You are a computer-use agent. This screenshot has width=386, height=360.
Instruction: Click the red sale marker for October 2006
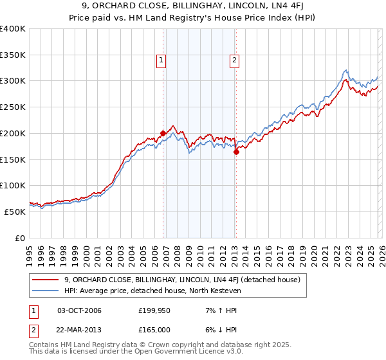(x=163, y=134)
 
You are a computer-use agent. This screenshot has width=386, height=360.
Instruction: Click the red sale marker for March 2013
(x=236, y=152)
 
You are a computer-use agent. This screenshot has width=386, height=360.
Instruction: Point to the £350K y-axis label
(x=13, y=55)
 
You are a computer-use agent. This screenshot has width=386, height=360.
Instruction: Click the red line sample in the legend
(x=46, y=280)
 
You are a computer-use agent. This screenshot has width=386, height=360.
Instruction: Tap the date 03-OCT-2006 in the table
(x=79, y=310)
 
